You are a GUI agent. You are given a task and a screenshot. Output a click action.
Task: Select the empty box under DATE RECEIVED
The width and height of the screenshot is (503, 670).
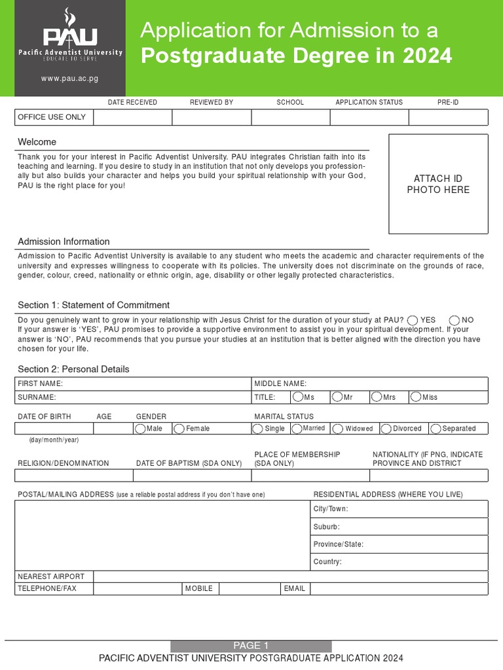point(133,117)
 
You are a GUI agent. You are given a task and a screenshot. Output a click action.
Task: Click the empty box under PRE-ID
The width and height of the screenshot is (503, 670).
point(448,117)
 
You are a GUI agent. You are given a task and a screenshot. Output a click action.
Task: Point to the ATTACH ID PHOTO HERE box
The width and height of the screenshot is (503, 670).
point(438,184)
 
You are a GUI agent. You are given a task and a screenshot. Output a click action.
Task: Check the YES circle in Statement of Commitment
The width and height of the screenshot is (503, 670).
point(413,320)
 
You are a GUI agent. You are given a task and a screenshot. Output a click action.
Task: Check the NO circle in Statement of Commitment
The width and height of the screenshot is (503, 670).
point(455,320)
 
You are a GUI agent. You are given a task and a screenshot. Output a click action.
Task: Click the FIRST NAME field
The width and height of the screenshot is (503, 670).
point(133,383)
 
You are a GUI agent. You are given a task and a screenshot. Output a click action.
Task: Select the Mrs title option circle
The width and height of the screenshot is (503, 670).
point(376,397)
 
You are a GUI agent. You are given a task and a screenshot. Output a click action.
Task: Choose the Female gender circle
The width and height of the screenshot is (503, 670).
point(179,429)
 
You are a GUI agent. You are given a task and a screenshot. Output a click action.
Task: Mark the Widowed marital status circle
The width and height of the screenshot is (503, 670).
point(338,429)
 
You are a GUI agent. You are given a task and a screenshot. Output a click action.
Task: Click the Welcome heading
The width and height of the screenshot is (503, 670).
point(37,142)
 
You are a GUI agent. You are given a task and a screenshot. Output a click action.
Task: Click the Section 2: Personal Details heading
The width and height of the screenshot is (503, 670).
point(73,369)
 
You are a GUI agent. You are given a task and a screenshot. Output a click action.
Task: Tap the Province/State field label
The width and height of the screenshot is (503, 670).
point(338,544)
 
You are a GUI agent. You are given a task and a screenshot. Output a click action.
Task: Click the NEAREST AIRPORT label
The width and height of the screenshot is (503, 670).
point(51,576)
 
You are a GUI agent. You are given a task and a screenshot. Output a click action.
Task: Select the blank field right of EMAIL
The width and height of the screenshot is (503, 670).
point(399,589)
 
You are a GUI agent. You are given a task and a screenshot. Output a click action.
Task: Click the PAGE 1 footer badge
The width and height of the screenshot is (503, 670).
point(251,646)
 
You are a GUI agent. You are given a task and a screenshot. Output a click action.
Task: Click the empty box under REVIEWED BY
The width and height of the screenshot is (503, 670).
point(212,117)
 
